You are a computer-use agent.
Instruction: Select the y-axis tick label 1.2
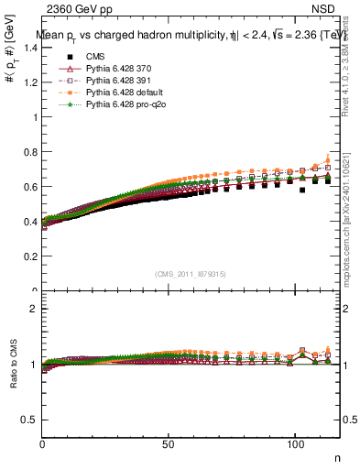30,82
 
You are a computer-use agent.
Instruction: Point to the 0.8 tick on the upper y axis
30,152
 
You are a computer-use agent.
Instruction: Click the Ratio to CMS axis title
12,365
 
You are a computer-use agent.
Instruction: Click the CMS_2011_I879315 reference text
191,274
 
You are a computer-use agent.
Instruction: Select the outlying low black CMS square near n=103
302,191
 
